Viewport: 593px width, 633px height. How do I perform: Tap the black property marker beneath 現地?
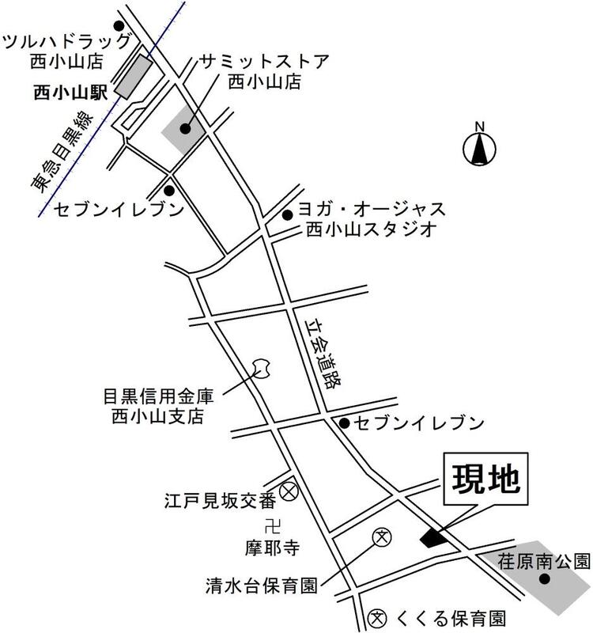432,537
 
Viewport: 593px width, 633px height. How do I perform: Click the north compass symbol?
479,147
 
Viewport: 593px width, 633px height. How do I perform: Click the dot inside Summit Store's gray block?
184,128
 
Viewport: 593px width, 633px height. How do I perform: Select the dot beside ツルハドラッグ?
119,25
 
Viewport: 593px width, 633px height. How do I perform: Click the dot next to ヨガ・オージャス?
287,214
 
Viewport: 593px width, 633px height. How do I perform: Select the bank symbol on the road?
262,368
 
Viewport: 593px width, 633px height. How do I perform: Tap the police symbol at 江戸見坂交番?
289,491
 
